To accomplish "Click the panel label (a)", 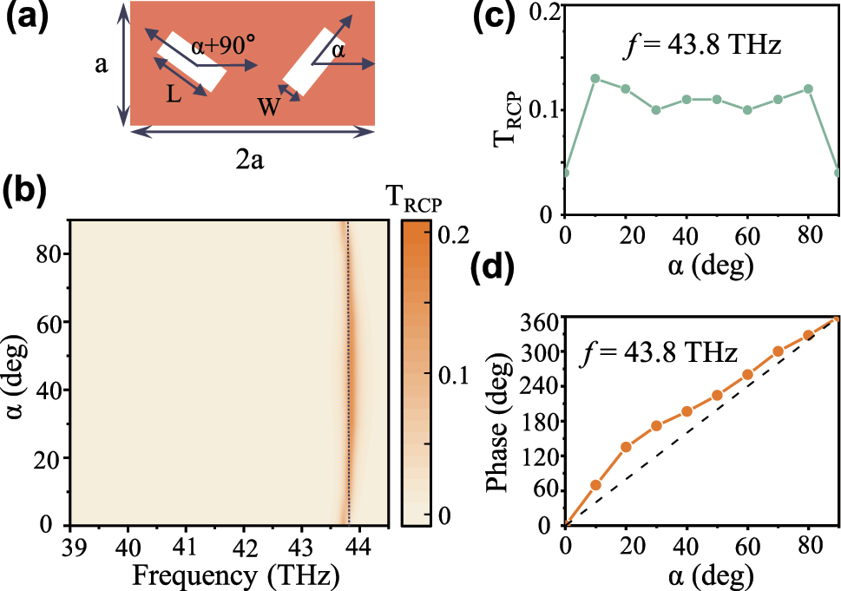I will pyautogui.click(x=33, y=18).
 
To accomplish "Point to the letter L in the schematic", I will pyautogui.click(x=174, y=95).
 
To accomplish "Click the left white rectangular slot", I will pyautogui.click(x=190, y=62).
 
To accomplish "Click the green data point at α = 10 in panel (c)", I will pyautogui.click(x=595, y=78).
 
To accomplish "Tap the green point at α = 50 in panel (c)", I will pyautogui.click(x=717, y=99).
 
